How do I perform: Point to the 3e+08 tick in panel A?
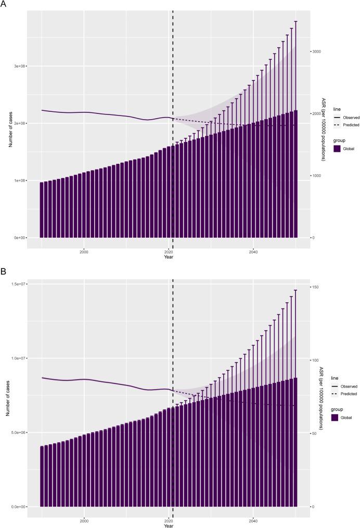tap(20, 67)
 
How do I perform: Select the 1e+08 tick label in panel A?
tap(20, 181)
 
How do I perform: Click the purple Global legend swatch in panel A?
tap(337, 148)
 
